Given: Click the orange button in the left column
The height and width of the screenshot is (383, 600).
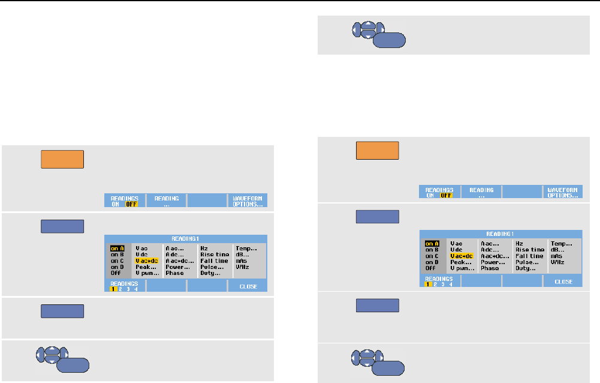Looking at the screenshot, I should pyautogui.click(x=62, y=159).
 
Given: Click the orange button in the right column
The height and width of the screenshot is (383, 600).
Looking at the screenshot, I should pyautogui.click(x=378, y=150).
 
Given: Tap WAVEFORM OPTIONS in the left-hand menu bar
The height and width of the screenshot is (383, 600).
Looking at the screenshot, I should pyautogui.click(x=248, y=201).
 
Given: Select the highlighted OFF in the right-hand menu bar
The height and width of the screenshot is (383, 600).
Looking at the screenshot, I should pyautogui.click(x=446, y=195).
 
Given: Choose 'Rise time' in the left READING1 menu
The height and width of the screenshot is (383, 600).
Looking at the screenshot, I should pyautogui.click(x=214, y=254).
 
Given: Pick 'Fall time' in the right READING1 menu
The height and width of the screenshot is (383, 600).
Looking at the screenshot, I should pyautogui.click(x=529, y=256).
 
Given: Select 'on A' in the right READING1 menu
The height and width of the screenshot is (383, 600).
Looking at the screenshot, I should pyautogui.click(x=432, y=244).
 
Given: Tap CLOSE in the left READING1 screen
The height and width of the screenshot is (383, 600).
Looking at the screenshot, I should pyautogui.click(x=248, y=286).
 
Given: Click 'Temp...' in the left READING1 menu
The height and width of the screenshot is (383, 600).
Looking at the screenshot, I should pyautogui.click(x=246, y=247).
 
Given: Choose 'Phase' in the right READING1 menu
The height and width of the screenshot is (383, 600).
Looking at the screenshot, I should pyautogui.click(x=490, y=268).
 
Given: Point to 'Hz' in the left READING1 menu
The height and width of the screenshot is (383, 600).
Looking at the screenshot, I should pyautogui.click(x=204, y=247).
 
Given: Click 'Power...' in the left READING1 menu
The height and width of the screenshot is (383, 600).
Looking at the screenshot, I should pyautogui.click(x=179, y=267).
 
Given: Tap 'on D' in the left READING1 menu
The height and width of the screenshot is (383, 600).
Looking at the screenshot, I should pyautogui.click(x=117, y=267).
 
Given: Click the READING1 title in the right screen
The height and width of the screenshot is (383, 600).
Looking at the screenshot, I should pyautogui.click(x=500, y=234).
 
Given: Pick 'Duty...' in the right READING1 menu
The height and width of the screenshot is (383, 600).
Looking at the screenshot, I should pyautogui.click(x=525, y=268).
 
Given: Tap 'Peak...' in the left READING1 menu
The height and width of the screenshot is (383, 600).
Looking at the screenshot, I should pyautogui.click(x=146, y=267).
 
